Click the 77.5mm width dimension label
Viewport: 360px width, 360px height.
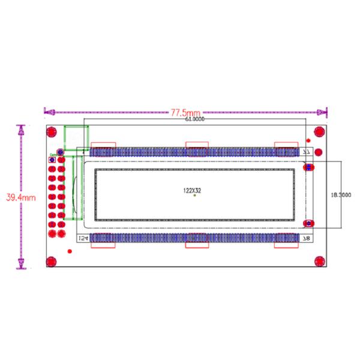coord(185,112)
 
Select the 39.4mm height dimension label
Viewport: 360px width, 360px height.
coord(21,197)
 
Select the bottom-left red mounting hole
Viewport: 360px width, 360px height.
coord(52,261)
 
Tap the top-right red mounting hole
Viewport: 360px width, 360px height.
coord(319,133)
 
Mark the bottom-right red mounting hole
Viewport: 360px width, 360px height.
coord(319,262)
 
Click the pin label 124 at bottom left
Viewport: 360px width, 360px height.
coord(83,238)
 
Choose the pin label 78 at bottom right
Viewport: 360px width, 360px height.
coord(307,238)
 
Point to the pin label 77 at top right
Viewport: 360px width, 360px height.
coord(307,152)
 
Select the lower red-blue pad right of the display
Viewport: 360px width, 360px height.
coord(309,223)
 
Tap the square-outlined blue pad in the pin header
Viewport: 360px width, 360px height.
coord(52,160)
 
